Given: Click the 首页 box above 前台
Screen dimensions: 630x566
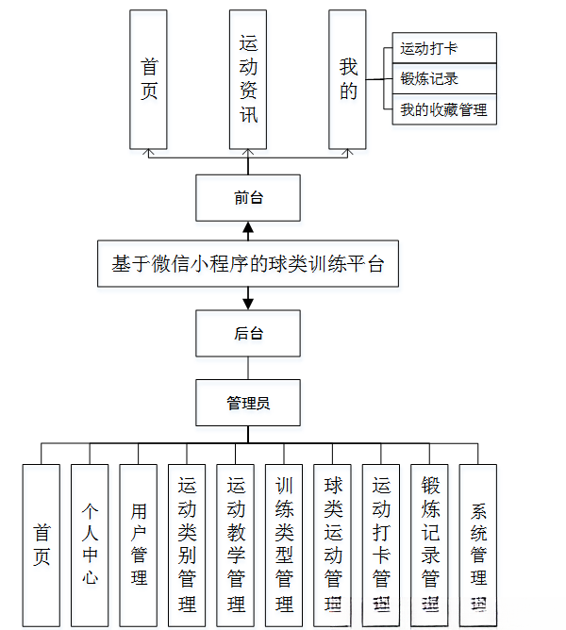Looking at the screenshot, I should click(148, 79).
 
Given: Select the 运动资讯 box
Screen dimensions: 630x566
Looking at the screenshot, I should click(248, 79).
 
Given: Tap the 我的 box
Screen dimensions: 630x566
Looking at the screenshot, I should click(348, 79).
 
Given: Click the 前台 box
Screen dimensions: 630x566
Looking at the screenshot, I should click(248, 198).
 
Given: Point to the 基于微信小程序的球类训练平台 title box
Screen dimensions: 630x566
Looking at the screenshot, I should click(248, 264).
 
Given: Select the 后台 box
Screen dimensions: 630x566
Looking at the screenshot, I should click(248, 333).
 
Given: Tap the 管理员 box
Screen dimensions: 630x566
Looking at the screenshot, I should click(248, 403).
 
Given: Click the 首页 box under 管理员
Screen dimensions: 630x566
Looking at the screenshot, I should click(42, 543).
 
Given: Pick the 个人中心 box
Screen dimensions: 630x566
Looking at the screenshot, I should click(90, 543).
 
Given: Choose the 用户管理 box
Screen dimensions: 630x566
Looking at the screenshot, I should click(139, 543).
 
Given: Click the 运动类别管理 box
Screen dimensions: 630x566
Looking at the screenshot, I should click(187, 543).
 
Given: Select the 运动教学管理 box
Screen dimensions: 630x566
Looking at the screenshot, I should click(236, 543).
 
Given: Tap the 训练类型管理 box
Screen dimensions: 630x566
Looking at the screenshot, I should click(284, 543).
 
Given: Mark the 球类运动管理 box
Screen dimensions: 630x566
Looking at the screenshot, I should click(333, 543).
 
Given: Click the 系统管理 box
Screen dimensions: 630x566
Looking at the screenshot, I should click(478, 543).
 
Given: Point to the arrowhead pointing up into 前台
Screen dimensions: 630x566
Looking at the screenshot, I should click(248, 227).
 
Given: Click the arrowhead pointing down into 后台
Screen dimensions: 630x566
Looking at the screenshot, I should click(248, 304).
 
